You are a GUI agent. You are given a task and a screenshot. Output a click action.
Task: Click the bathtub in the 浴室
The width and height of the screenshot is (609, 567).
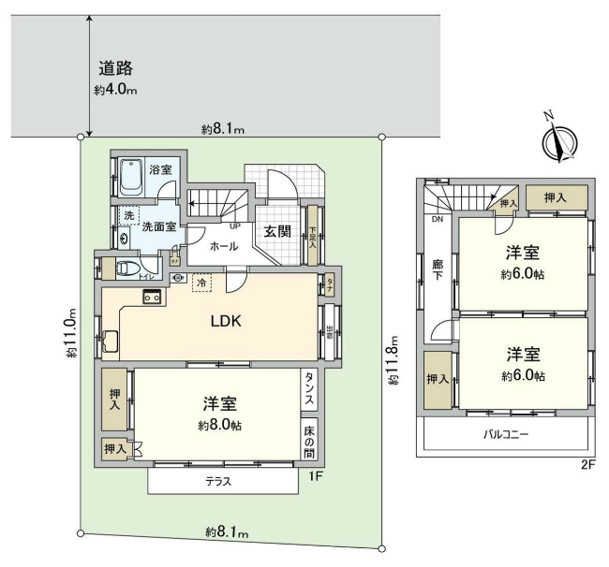point(129,176)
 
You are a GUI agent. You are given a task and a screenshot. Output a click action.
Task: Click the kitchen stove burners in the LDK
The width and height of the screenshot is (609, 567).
point(153,297)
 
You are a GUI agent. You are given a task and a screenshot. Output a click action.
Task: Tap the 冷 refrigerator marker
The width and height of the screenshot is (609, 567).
point(201,281)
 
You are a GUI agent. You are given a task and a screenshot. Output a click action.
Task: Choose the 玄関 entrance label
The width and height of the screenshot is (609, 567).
point(275,231)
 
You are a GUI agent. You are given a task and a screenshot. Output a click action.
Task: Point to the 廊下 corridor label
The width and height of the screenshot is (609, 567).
point(437,271)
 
